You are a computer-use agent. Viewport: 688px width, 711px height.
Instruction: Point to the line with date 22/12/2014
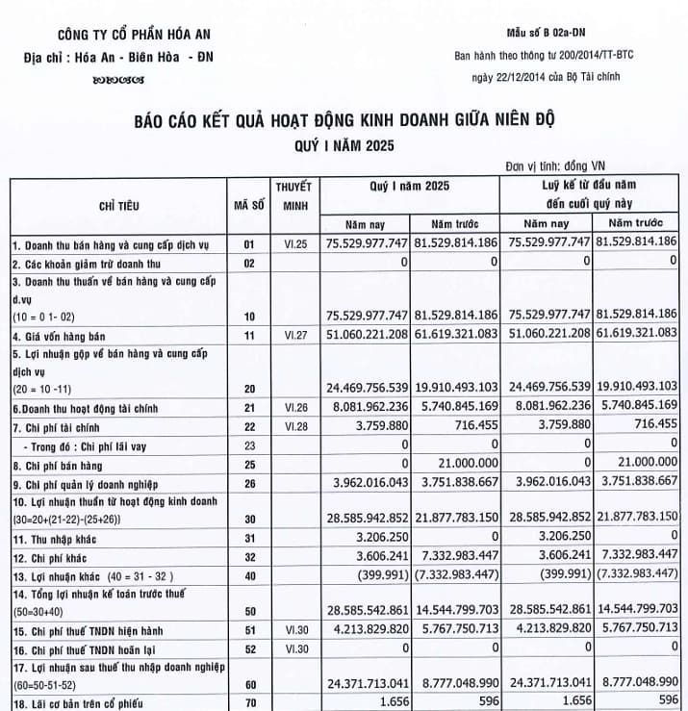(x=541, y=77)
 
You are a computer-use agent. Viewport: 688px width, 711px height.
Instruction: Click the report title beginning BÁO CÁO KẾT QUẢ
(x=345, y=121)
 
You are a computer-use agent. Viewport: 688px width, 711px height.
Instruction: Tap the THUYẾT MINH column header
(x=293, y=195)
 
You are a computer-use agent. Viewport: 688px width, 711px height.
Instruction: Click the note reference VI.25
(x=293, y=244)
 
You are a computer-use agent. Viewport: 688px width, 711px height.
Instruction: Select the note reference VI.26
(x=293, y=408)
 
